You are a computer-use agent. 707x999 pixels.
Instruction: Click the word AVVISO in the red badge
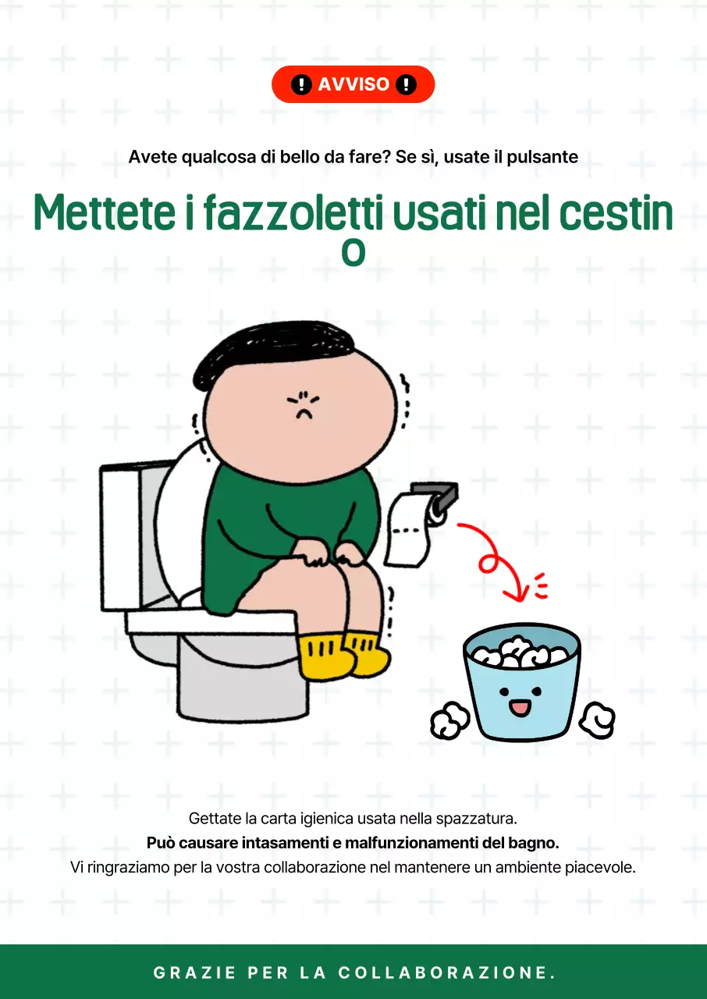(x=353, y=84)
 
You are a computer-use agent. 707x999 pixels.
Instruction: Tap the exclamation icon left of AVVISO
(x=301, y=84)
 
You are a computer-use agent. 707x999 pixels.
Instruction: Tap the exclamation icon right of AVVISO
(x=406, y=84)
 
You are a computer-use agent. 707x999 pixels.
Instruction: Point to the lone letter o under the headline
(x=353, y=253)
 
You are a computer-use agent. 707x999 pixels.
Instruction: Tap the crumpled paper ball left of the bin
(x=450, y=720)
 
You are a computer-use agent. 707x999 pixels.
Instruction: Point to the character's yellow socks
(x=343, y=654)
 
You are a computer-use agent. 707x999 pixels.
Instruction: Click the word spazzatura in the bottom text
(x=478, y=819)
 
